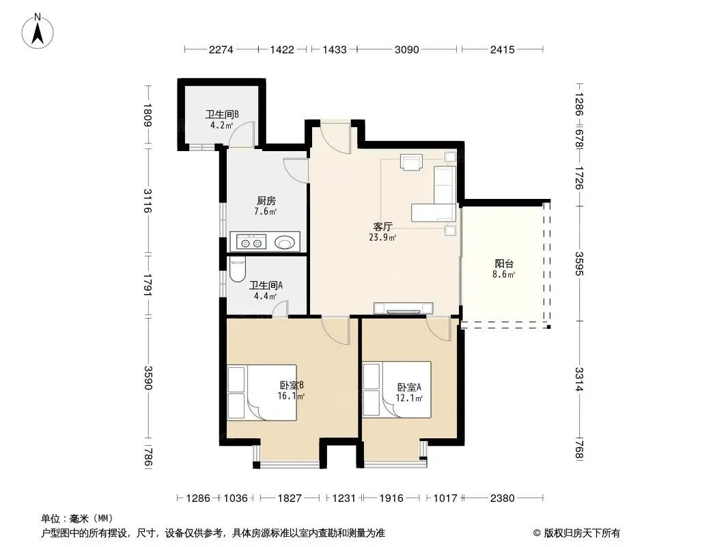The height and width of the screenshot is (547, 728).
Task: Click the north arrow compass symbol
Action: pyautogui.click(x=38, y=31)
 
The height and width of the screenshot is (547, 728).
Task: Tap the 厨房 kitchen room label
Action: pyautogui.click(x=266, y=201)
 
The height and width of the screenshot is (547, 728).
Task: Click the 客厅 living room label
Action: pyautogui.click(x=383, y=227)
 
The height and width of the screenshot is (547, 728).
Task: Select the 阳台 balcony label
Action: pyautogui.click(x=504, y=264)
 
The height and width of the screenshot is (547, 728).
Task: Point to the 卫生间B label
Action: pyautogui.click(x=223, y=114)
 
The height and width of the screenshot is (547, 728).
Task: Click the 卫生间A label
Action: pyautogui.click(x=266, y=285)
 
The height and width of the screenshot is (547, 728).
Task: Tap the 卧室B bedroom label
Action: pyautogui.click(x=292, y=385)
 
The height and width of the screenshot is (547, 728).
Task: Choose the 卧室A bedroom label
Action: pyautogui.click(x=409, y=387)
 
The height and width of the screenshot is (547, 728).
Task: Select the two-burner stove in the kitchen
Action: pyautogui.click(x=251, y=242)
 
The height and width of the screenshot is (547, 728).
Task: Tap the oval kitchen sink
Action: pyautogui.click(x=284, y=242)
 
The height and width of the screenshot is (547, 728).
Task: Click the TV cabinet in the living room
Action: pyautogui.click(x=404, y=308)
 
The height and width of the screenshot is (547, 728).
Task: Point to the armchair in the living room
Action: pyautogui.click(x=411, y=162)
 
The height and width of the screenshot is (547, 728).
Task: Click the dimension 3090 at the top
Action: pyautogui.click(x=407, y=50)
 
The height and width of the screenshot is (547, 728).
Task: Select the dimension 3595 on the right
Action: pyautogui.click(x=579, y=263)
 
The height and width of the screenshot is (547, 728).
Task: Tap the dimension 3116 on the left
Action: pyautogui.click(x=148, y=201)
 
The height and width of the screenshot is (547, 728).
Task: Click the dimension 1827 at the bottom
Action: pyautogui.click(x=290, y=498)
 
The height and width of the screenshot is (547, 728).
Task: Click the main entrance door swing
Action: pyautogui.click(x=335, y=138)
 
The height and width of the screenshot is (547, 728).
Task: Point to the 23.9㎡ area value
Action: pyautogui.click(x=382, y=237)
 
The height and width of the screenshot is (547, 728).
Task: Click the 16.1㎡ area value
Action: pyautogui.click(x=291, y=396)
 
